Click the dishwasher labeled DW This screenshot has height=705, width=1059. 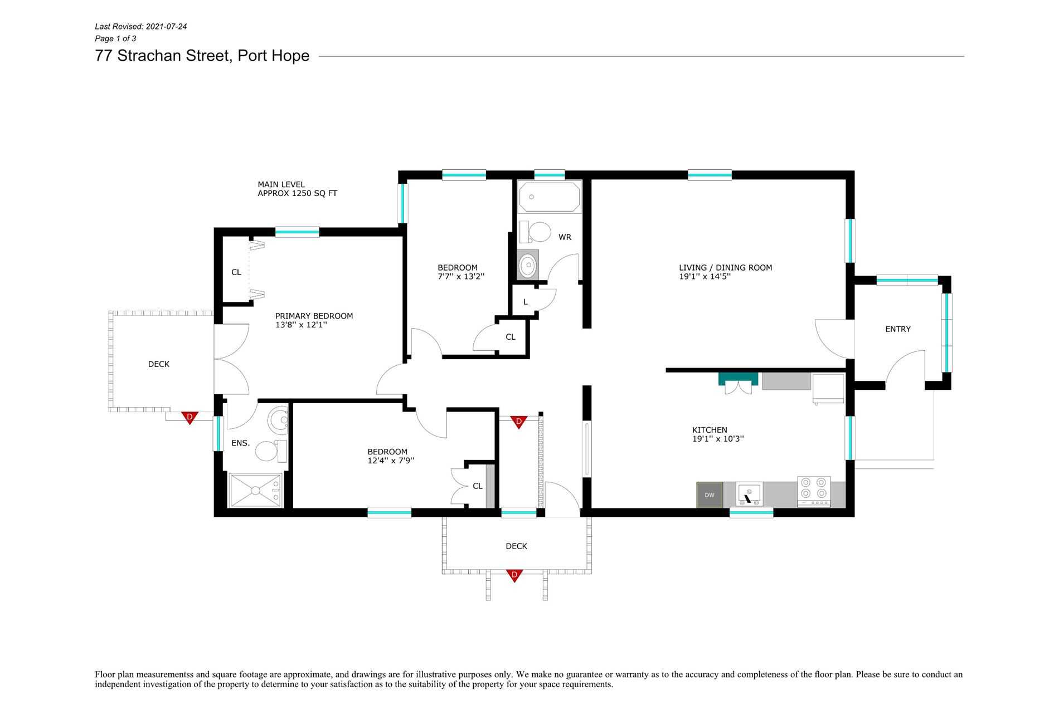[710, 495]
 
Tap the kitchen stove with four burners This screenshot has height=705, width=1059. [814, 491]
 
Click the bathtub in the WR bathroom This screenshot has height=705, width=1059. [550, 197]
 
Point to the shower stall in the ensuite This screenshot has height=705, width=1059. [255, 490]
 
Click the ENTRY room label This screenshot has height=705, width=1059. [898, 329]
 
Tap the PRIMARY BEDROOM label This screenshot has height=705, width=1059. [314, 316]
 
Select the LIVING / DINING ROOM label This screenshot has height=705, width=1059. [725, 268]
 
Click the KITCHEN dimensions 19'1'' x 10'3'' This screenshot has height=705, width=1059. [718, 439]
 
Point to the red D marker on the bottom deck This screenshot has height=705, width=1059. [514, 575]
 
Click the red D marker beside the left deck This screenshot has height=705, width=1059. [190, 417]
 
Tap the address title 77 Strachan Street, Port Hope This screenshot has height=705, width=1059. [202, 56]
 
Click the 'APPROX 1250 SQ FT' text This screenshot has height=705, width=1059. [297, 194]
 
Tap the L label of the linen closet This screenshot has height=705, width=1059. [525, 302]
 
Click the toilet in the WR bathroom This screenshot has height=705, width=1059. [536, 232]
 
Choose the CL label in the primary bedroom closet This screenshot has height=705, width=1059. [236, 272]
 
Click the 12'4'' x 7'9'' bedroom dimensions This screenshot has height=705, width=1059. [391, 461]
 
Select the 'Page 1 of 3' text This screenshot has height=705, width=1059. [115, 38]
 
